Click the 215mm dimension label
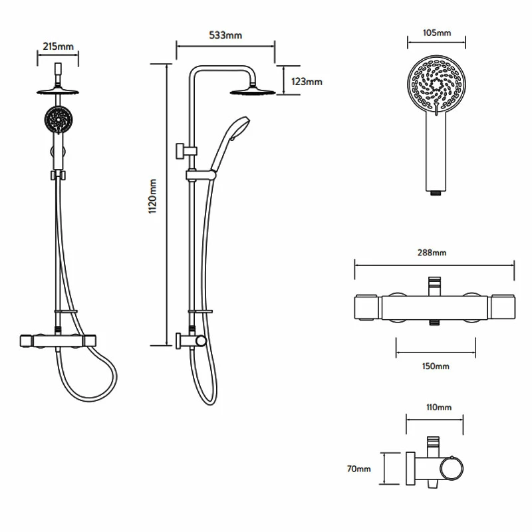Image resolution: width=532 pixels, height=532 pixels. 58,47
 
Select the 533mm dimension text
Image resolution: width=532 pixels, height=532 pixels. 225,35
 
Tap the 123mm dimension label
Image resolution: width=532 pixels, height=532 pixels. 307,81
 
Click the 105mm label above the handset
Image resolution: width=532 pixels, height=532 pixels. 437,33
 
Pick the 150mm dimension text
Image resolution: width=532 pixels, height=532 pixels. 436,366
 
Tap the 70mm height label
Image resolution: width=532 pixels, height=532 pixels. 360,469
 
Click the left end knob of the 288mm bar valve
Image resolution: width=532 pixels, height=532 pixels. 366,307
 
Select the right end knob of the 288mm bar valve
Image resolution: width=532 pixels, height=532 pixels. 503,307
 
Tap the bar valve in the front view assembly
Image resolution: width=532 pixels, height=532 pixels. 58,340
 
